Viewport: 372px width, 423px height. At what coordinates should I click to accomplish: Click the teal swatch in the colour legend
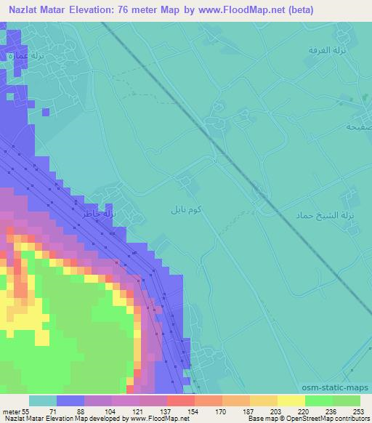(x=43, y=400)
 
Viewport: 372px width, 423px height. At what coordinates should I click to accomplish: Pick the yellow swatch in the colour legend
(x=291, y=400)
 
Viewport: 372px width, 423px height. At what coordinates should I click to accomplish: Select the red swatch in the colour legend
(x=180, y=400)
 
